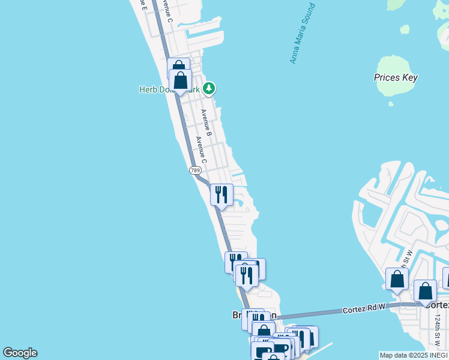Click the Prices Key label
pos(396,77)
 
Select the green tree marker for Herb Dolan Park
pos(209,89)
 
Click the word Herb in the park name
pos(148,89)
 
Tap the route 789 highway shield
pos(195,170)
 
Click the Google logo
pos(20,353)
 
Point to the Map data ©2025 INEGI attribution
pos(414,355)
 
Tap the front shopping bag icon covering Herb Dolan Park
pos(180,80)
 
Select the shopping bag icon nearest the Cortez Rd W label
pos(397,280)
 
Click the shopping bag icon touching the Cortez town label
pos(425,292)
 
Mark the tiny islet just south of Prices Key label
pos(391,103)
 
